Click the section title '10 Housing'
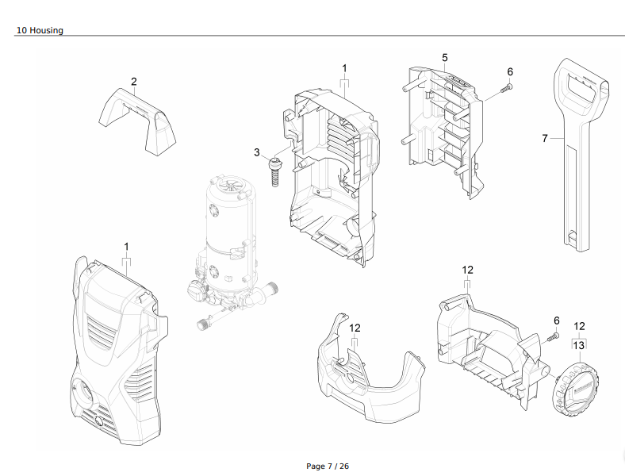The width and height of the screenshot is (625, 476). tap(40, 30)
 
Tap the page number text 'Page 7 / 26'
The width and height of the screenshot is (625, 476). tap(327, 466)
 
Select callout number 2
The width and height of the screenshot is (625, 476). tap(134, 82)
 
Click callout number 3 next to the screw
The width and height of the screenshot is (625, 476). tap(257, 152)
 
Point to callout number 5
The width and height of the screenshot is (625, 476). tap(444, 57)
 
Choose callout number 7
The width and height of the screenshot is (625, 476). tap(545, 138)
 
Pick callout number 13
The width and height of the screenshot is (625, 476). tap(579, 345)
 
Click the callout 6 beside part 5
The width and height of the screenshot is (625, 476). tap(510, 71)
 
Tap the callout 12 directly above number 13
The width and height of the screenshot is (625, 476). tap(579, 326)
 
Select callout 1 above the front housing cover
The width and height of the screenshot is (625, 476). tap(126, 247)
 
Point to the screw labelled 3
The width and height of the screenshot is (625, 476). tap(275, 168)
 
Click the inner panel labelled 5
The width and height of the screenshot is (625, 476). tap(443, 127)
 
